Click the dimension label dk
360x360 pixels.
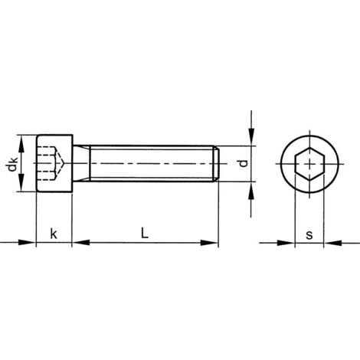click(x=12, y=163)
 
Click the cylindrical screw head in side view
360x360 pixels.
click(x=54, y=163)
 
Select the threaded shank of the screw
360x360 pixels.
click(x=146, y=163)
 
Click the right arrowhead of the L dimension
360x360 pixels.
click(x=212, y=244)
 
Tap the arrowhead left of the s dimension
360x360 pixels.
click(x=290, y=244)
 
